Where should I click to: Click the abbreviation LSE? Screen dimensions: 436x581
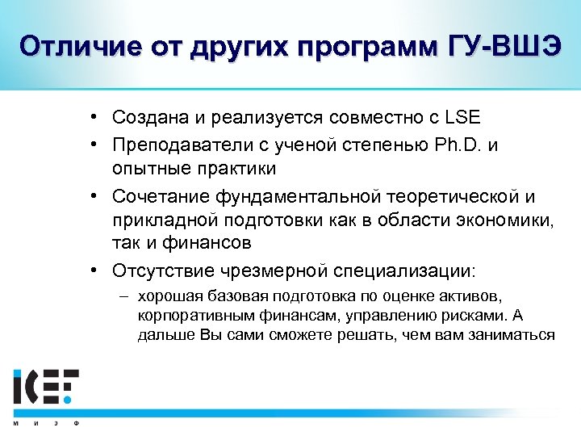pos(462,118)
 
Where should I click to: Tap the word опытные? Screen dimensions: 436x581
pos(145,169)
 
